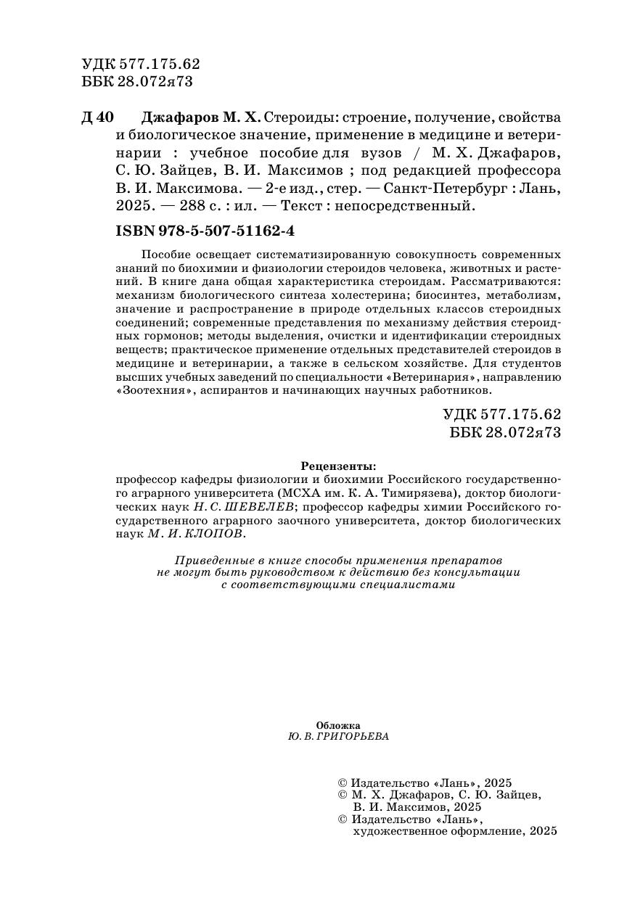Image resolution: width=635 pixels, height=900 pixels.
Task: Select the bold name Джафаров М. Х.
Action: (200, 118)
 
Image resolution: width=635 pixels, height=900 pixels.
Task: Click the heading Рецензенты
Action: (338, 466)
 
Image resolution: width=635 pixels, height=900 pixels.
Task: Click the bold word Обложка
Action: (338, 724)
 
